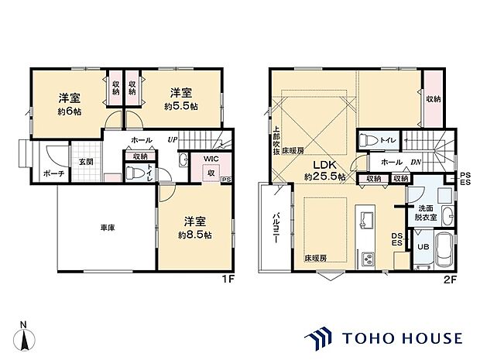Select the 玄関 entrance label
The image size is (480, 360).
pyautogui.click(x=85, y=161)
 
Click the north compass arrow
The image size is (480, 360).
pyautogui.click(x=27, y=338)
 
